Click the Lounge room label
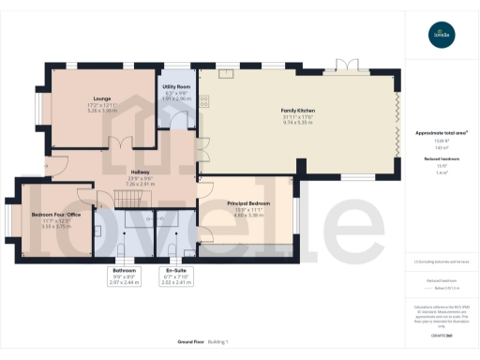pos(102,98)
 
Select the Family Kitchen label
pos(298,111)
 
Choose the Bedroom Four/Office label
pos(55,215)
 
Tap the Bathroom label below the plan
pos(124,270)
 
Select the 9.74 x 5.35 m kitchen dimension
pos(298,123)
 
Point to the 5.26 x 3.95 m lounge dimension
pos(102,111)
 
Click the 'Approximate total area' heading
pos(434,133)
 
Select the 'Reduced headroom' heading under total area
pos(434,159)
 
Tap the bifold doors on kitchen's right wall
pos(400,122)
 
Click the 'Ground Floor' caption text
pos(179,341)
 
